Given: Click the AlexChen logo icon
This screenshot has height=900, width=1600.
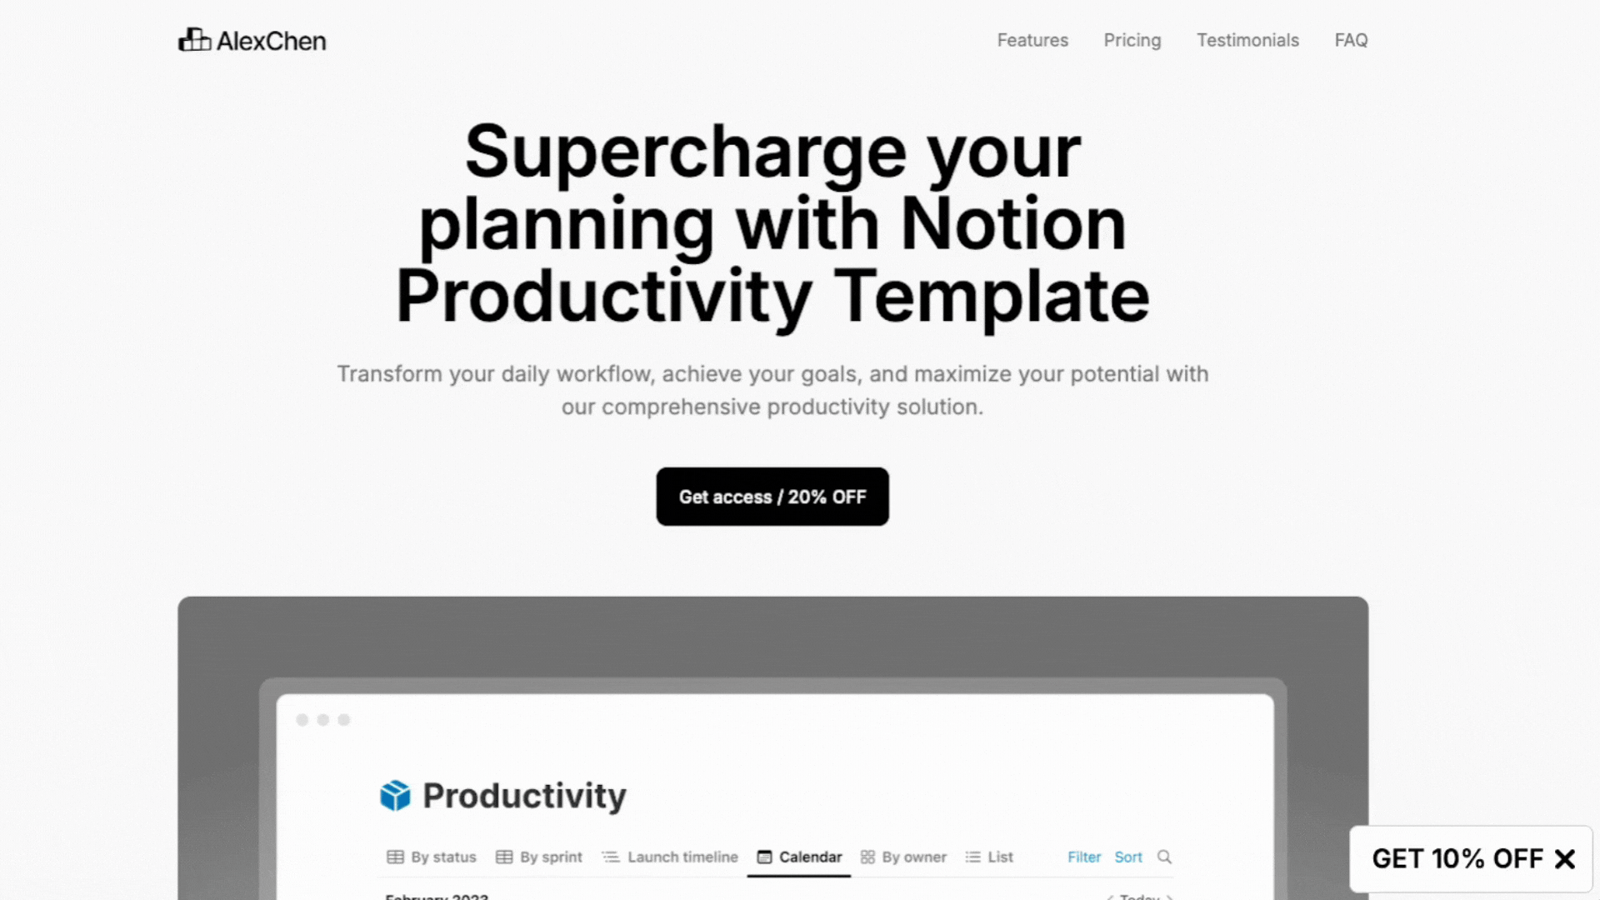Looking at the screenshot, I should point(194,40).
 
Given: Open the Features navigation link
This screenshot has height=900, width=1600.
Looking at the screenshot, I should point(1032,40).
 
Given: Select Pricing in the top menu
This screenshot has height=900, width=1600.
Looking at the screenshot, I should point(1132,40).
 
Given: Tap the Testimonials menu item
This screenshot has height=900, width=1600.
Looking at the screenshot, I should point(1247,40).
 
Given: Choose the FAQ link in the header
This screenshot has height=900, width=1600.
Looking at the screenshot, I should point(1351,40).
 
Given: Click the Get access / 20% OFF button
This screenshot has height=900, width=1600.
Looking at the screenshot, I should point(772,497).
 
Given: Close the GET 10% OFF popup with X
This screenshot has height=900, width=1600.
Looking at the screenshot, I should point(1565,859).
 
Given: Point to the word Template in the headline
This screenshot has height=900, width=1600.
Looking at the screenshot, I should point(992,297).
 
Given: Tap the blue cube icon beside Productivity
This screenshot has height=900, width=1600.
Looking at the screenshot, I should point(395,796).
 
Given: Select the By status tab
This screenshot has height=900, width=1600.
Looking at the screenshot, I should point(432,857).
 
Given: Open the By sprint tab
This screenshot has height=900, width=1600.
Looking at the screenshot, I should point(539,857).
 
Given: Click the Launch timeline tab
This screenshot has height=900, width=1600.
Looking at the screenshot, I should point(670,857).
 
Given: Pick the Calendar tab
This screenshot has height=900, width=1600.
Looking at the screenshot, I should point(799,857).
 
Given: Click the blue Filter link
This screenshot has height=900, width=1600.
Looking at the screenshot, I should point(1084,857).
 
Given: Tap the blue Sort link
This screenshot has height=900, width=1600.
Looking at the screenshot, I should point(1128,857).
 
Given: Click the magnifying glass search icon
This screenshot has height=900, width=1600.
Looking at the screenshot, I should point(1164,857).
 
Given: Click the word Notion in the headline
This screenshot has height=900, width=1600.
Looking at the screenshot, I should point(1013,224).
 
